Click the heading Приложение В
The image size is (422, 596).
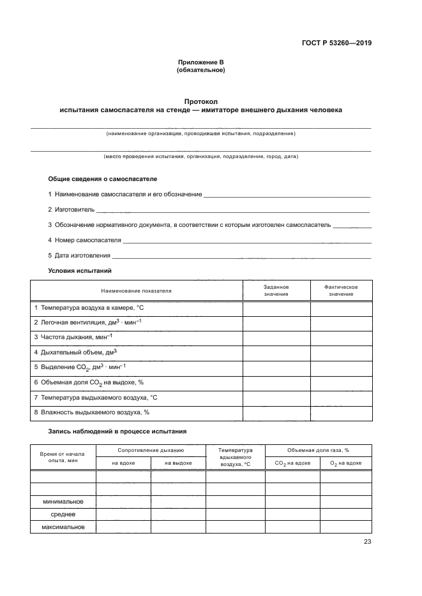[200, 62]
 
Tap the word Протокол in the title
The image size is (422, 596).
[200, 101]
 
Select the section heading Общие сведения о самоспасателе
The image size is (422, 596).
[102, 179]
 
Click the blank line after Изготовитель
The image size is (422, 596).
[233, 210]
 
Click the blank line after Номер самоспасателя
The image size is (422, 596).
[246, 242]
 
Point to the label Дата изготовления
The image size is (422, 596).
[79, 256]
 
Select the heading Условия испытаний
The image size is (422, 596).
[80, 271]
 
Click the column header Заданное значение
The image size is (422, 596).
[276, 291]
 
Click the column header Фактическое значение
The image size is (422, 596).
[341, 291]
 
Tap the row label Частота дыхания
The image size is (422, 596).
[73, 337]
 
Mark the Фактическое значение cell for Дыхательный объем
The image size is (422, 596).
[341, 352]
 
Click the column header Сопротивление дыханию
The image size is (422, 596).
[151, 450]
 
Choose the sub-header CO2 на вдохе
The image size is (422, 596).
[292, 463]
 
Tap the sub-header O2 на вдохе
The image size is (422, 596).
[345, 463]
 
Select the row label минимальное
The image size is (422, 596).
[63, 502]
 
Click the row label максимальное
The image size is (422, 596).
[63, 527]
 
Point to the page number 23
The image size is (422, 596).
[367, 542]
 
